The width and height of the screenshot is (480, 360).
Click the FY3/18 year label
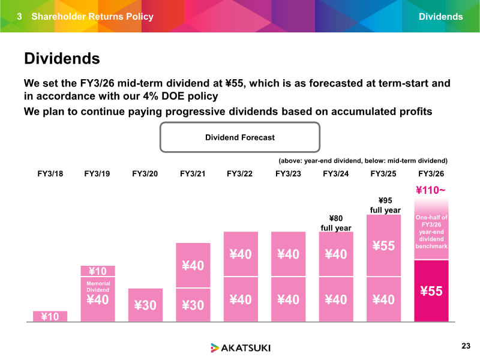(50, 174)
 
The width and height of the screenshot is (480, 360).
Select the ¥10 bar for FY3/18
(50, 316)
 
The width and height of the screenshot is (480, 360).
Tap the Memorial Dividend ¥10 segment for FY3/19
(97, 271)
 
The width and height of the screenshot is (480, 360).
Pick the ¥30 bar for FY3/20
(145, 305)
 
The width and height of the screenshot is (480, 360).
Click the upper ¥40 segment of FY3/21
(193, 265)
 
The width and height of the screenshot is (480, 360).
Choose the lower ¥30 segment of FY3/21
(193, 305)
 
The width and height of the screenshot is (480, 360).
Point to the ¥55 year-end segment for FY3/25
(383, 245)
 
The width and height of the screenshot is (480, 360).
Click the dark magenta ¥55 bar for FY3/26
(431, 291)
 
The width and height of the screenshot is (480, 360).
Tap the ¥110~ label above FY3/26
(431, 191)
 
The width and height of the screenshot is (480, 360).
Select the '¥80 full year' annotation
(335, 223)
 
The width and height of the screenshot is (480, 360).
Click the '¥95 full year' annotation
(385, 205)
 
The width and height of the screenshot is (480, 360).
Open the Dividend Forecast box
(240, 137)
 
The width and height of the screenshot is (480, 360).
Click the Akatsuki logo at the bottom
(240, 347)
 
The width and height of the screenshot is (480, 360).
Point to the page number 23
(466, 346)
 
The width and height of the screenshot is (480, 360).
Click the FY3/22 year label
(240, 174)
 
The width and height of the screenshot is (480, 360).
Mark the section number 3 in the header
(19, 17)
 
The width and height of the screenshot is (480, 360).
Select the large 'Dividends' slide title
(61, 59)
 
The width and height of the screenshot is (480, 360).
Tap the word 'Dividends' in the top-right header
(440, 17)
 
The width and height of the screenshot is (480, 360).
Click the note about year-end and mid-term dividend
(364, 161)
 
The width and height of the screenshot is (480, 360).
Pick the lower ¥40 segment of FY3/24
(335, 299)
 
